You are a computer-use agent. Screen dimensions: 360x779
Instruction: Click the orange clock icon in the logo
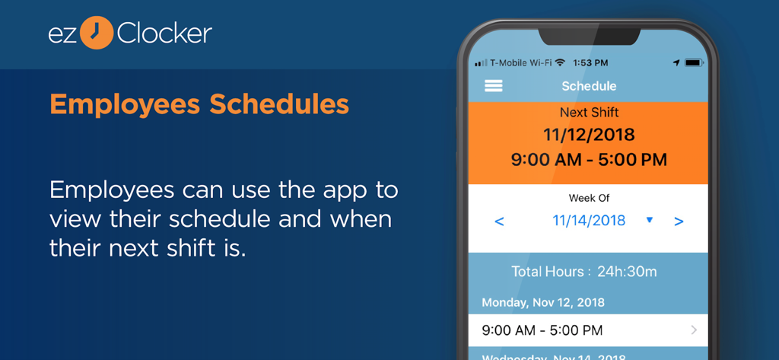pos(96,33)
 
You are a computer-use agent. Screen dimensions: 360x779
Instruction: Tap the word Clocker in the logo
pos(164,33)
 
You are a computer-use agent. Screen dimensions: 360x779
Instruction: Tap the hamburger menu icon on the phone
pos(494,86)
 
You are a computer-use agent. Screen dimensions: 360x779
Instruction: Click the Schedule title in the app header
pos(589,86)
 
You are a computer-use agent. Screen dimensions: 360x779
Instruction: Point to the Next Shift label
pos(589,112)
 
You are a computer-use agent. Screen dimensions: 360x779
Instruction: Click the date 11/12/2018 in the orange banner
pos(589,135)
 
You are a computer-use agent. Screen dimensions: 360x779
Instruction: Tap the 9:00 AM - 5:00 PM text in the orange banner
pos(589,160)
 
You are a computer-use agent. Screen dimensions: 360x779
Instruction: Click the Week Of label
pos(589,198)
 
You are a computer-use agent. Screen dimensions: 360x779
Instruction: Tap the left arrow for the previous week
pos(499,221)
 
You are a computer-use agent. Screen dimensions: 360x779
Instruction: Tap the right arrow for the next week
pos(679,221)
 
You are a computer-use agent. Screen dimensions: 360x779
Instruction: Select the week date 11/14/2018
pos(589,221)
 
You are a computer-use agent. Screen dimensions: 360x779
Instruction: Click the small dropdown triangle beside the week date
pos(650,220)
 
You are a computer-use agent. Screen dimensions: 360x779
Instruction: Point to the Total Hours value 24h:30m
pos(627,272)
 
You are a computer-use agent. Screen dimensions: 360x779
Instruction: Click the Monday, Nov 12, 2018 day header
pos(543,302)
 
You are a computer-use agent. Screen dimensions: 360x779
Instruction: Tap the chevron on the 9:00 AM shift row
pos(694,330)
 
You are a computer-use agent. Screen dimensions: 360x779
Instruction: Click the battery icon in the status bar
pos(694,62)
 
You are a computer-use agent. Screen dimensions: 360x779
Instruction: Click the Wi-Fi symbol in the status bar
pos(561,62)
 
